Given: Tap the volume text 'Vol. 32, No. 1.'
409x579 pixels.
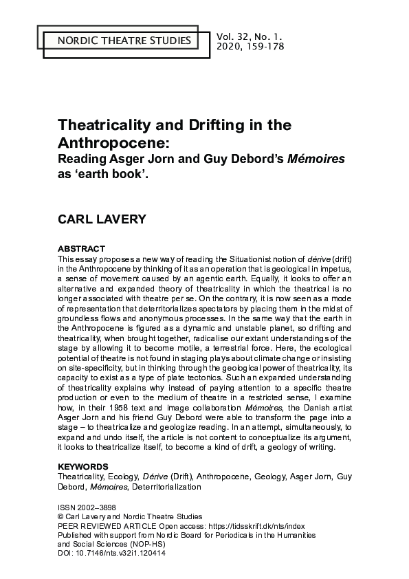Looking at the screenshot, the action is pos(250,35).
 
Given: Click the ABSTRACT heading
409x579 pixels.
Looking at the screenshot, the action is pos(81,248).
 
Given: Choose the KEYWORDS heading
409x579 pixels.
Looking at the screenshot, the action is pos(83,466).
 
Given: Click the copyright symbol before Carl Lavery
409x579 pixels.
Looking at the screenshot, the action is pos(61,516).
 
